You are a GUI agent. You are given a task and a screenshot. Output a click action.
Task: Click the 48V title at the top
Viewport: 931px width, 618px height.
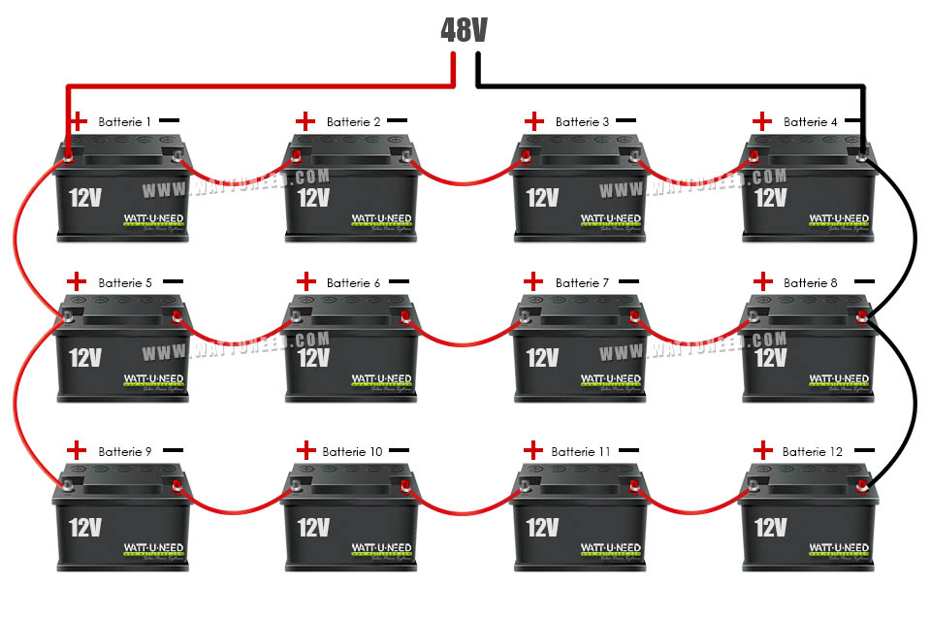coord(464,30)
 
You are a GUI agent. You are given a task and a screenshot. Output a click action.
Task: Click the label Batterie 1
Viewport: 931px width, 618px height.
coord(124,122)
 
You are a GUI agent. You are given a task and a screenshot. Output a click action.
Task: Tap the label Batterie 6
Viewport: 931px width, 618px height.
coord(353,283)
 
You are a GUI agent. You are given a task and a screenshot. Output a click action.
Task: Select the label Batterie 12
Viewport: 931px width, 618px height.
coord(813,452)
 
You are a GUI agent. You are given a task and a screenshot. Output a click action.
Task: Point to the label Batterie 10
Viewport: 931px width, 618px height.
coord(352,452)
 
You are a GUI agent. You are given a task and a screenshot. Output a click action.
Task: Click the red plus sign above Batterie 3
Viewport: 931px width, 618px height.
coord(534,121)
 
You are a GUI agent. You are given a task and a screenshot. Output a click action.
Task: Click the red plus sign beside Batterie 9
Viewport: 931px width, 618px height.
coord(77,450)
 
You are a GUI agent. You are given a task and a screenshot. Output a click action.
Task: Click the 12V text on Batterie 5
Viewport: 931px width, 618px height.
coord(85,358)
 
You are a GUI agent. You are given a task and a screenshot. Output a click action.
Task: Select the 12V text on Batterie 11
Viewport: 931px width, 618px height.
coord(542,527)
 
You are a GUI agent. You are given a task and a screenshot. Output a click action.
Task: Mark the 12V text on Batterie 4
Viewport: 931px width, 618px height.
coord(770,198)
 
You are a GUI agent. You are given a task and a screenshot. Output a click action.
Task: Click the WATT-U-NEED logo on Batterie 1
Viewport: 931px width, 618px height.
coord(154,218)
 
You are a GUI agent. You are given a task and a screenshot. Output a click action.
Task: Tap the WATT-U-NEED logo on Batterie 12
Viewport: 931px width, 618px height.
coord(841,548)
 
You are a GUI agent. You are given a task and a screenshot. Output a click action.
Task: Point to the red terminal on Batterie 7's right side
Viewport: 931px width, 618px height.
coord(634,315)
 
